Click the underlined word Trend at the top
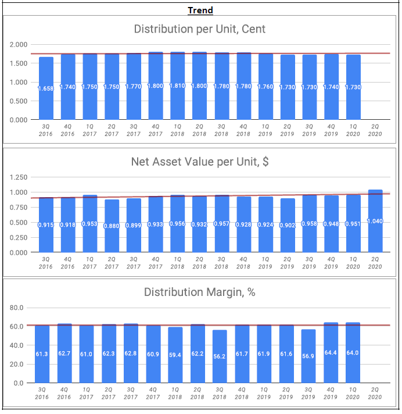tap(200, 10)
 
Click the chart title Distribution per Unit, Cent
tap(200, 28)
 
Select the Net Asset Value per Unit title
tap(200, 162)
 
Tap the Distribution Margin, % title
tap(200, 292)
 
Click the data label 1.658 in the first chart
tap(46, 88)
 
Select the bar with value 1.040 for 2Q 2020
tap(375, 233)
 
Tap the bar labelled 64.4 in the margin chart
tap(331, 361)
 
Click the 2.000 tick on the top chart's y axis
tap(19, 45)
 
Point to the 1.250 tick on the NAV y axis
tap(19, 177)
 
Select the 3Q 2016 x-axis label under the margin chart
tap(42, 393)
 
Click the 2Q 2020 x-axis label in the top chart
tap(375, 130)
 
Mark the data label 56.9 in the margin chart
tap(308, 356)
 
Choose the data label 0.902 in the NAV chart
tap(287, 225)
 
